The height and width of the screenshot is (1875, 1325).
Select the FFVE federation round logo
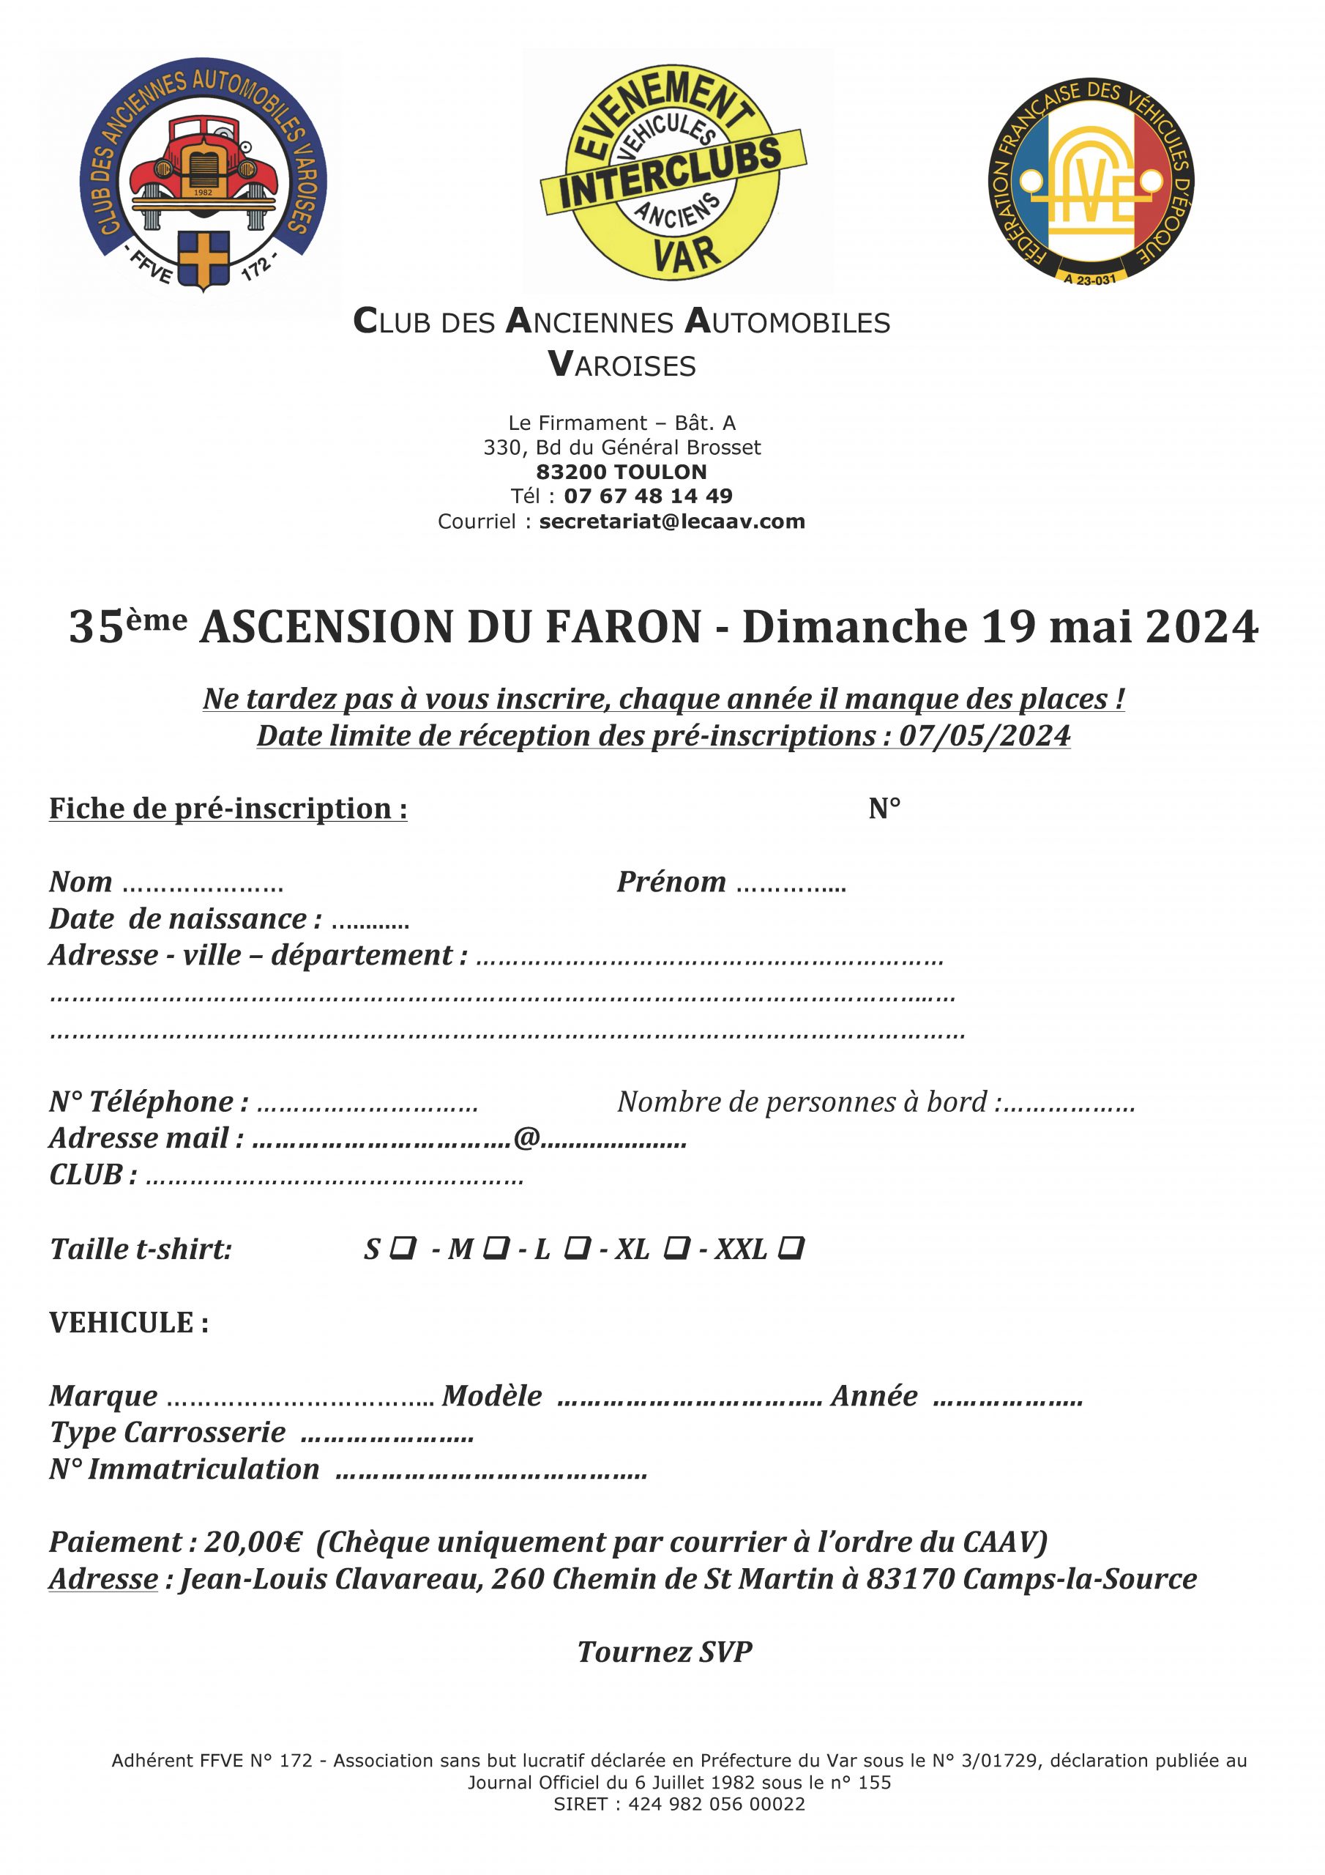coord(1090,182)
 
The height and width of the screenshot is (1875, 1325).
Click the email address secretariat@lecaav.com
coord(672,521)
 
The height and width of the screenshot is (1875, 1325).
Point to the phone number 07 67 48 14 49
coord(648,496)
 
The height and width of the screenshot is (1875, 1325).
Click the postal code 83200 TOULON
coord(622,471)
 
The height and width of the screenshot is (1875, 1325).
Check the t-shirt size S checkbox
coord(403,1248)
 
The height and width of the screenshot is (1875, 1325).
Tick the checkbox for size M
coord(496,1248)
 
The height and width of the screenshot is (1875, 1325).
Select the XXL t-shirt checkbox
coord(791,1248)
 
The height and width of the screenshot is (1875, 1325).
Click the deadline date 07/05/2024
coord(984,736)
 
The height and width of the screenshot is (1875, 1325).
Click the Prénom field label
coord(671,882)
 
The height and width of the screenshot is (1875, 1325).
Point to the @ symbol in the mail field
coord(526,1137)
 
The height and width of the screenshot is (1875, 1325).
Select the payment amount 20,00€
coord(253,1542)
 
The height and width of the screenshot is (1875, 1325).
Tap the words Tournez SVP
coord(665,1651)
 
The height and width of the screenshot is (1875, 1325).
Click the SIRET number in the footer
coord(716,1804)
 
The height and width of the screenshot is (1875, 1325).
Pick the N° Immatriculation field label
coord(184,1469)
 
